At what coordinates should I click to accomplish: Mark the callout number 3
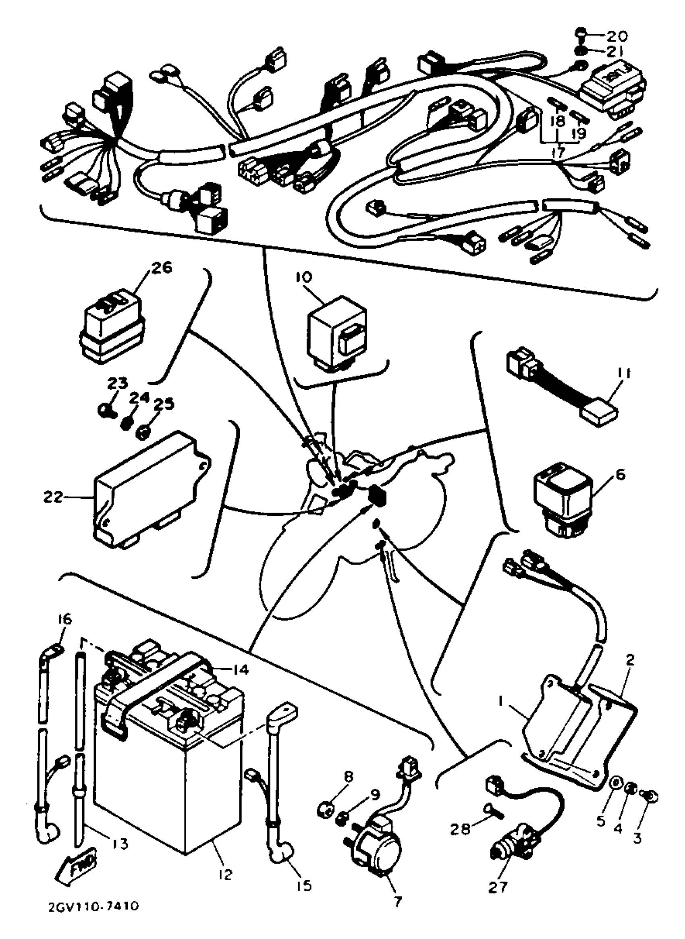coord(637,838)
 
